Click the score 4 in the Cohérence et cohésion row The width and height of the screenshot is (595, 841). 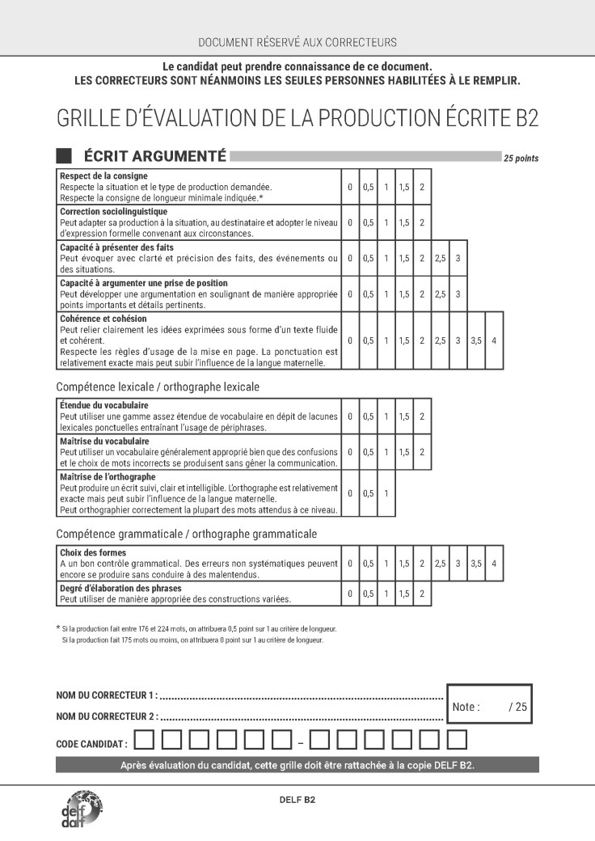(x=494, y=340)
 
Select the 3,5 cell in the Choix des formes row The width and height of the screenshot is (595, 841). (x=476, y=563)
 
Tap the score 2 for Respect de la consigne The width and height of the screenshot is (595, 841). (x=422, y=187)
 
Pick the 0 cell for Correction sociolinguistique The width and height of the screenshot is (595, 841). (x=350, y=222)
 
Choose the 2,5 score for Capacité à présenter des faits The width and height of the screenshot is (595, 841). (x=440, y=258)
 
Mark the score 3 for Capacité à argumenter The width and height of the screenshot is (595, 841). (x=458, y=294)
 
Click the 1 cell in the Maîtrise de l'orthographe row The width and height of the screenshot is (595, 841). (x=386, y=493)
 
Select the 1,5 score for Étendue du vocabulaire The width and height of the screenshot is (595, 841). (x=404, y=416)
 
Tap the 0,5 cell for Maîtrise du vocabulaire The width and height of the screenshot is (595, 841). (x=369, y=452)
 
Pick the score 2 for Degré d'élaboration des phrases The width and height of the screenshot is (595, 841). (x=422, y=594)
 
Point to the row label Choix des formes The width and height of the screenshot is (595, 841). (x=94, y=552)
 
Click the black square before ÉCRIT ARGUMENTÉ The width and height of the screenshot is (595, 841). (x=64, y=156)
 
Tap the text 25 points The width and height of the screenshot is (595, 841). (x=521, y=158)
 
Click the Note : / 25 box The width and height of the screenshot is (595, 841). (x=489, y=706)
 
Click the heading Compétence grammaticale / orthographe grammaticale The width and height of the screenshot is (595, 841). (x=187, y=534)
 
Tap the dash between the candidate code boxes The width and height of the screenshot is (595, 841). (x=300, y=741)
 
